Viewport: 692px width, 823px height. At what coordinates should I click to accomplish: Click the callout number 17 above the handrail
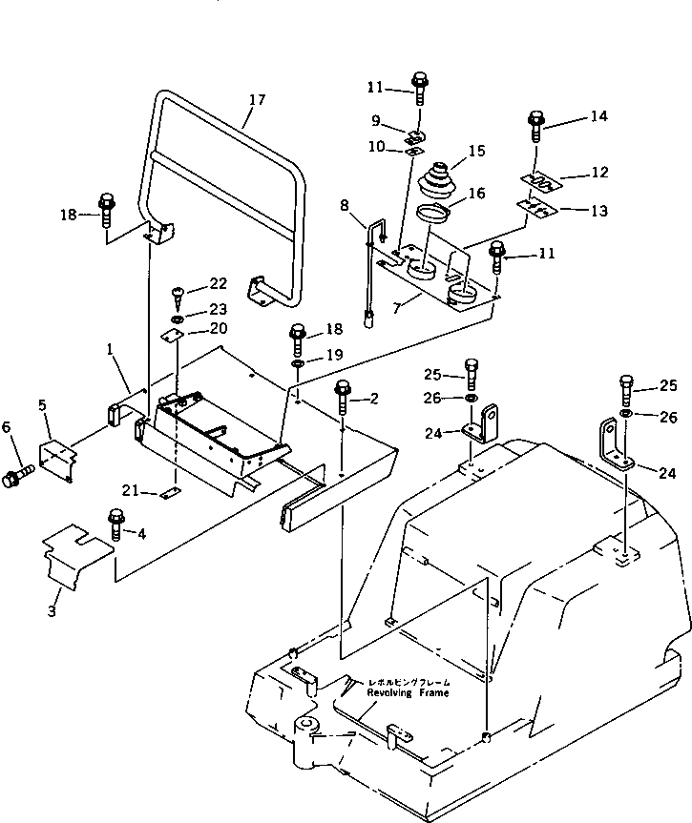click(x=255, y=99)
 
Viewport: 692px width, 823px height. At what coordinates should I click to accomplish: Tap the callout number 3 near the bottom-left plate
click(x=53, y=607)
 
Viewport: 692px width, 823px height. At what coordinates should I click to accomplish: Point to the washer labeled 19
click(x=298, y=364)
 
